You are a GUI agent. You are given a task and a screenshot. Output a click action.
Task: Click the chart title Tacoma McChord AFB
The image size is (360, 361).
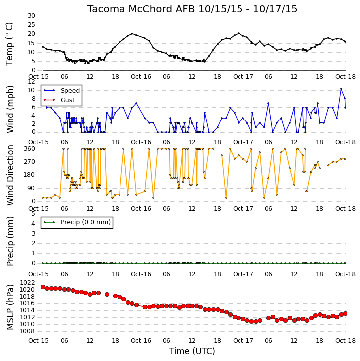point(141,9)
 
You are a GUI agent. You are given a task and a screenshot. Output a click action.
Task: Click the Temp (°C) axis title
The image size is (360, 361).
point(9,44)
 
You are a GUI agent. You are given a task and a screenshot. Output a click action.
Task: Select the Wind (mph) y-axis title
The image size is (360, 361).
point(10,109)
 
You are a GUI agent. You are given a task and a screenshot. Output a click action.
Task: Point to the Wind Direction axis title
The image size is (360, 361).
point(10,175)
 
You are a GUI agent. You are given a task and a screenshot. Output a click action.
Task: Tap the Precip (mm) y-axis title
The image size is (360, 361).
point(10,241)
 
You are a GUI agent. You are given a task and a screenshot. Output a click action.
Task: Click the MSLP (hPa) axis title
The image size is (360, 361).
point(10,307)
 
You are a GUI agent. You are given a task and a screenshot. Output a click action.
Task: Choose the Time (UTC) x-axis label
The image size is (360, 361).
point(192,351)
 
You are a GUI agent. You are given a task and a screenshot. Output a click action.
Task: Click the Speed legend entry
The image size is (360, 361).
point(70,91)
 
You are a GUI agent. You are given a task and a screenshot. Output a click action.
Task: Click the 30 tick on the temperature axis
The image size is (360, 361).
point(31,16)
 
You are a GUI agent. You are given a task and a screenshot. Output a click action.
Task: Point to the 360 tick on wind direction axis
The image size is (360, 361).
point(30,149)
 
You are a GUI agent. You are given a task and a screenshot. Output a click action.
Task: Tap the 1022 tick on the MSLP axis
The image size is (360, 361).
point(27,283)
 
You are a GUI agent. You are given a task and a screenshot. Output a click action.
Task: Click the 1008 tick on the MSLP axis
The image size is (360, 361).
point(27,331)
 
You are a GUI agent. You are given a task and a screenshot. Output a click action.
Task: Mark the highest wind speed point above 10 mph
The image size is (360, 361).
point(341,89)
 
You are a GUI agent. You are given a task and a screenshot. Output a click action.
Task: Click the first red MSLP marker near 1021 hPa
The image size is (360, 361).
point(43,287)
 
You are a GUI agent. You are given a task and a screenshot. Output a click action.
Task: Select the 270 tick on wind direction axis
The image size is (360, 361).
point(30,162)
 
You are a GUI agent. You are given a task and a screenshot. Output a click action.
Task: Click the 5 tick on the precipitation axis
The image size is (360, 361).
point(33,214)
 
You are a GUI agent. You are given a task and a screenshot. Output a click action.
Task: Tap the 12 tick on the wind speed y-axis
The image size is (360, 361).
point(31,82)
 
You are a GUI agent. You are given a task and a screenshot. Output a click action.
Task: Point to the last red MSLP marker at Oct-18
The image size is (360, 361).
point(345,313)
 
